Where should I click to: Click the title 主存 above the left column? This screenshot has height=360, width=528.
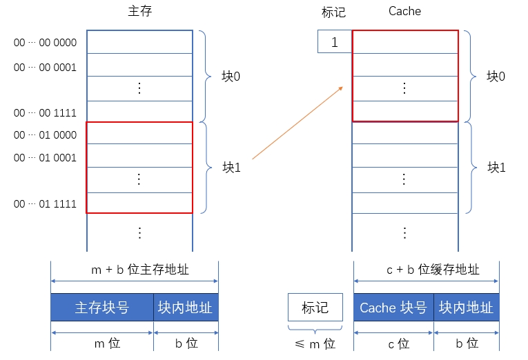(139, 12)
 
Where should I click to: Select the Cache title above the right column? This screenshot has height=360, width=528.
(404, 11)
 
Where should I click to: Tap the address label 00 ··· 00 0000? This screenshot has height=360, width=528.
(45, 43)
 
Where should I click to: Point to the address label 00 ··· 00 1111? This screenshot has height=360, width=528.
(45, 112)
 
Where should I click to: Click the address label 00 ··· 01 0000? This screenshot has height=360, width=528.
(45, 134)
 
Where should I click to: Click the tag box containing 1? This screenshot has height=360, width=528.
(335, 42)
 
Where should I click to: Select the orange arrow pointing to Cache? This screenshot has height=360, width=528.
(298, 122)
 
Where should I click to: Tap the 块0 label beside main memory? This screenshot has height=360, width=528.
(231, 76)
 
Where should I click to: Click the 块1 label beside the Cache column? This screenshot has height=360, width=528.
(496, 167)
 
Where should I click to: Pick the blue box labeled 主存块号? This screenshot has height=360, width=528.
(102, 308)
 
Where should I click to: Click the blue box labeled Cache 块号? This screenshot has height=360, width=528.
(393, 308)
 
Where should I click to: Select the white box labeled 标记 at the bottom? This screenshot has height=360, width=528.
(315, 308)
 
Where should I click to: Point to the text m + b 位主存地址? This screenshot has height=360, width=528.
(135, 270)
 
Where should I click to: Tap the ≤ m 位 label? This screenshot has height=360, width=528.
(315, 343)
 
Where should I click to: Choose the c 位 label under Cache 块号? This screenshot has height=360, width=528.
(393, 343)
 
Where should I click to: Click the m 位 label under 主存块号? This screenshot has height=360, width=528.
(102, 343)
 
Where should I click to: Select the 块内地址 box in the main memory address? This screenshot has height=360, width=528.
(185, 308)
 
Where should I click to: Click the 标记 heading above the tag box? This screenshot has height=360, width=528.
(333, 12)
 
